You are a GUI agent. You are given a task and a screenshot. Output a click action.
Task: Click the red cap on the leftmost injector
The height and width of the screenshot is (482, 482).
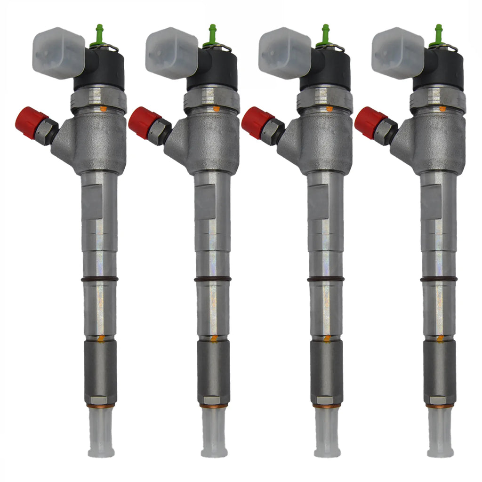[x=31, y=122]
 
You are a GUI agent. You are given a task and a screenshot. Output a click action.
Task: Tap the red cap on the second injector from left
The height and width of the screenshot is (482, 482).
[x=144, y=122]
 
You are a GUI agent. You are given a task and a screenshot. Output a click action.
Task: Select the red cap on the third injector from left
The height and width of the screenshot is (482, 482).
[x=257, y=122]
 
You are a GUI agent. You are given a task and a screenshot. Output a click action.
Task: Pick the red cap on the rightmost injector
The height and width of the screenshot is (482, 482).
[x=370, y=122]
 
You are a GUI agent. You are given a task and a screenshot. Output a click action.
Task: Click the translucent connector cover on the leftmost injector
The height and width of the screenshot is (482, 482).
[x=58, y=52]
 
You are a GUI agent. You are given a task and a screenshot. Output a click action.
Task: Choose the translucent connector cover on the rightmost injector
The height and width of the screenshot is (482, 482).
[x=397, y=52]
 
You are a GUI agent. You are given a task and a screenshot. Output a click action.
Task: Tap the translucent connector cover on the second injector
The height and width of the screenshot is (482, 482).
[x=171, y=52]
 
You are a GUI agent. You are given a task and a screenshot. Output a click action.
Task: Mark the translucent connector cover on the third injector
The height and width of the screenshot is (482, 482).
[x=284, y=52]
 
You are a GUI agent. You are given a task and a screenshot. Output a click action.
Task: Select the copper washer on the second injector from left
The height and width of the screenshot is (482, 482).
[x=214, y=405]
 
